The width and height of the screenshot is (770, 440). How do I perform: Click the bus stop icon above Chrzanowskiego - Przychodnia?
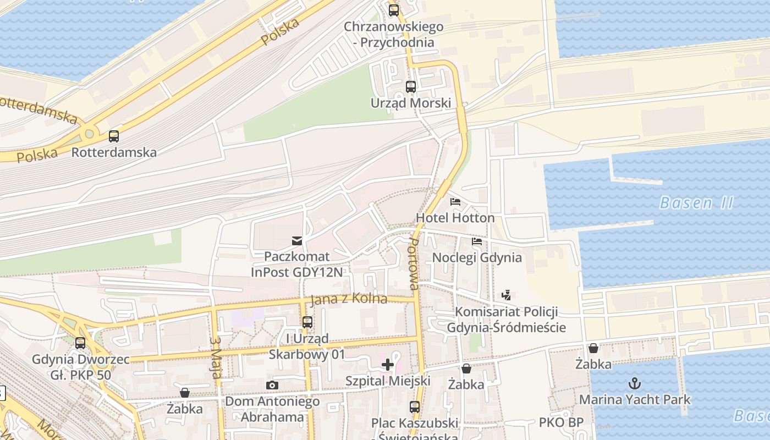pyautogui.click(x=394, y=10)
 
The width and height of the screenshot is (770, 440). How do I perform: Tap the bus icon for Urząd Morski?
pyautogui.click(x=411, y=86)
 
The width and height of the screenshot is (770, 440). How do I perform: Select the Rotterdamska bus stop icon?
pyautogui.click(x=114, y=136)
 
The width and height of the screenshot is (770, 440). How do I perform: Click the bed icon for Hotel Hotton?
pyautogui.click(x=455, y=202)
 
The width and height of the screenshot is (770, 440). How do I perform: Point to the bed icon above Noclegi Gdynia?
pyautogui.click(x=477, y=241)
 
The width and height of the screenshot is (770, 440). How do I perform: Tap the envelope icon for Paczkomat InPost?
pyautogui.click(x=297, y=240)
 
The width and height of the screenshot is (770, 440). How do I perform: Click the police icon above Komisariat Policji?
pyautogui.click(x=507, y=295)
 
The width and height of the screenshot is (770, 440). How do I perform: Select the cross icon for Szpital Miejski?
pyautogui.click(x=388, y=364)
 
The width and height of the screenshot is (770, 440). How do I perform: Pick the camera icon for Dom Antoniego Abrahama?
pyautogui.click(x=272, y=385)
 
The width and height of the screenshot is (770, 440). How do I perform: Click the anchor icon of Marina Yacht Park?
pyautogui.click(x=635, y=383)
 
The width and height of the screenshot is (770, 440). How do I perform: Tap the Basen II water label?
pyautogui.click(x=696, y=203)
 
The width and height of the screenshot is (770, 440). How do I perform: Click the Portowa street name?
pyautogui.click(x=414, y=264)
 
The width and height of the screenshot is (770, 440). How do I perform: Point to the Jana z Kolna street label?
pyautogui.click(x=349, y=299)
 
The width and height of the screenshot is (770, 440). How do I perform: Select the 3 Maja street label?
pyautogui.click(x=216, y=358)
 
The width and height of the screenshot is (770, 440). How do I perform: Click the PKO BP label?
pyautogui.click(x=561, y=423)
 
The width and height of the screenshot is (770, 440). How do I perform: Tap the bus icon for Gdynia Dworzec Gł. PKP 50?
pyautogui.click(x=80, y=343)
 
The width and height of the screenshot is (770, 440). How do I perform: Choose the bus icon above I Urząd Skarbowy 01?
pyautogui.click(x=307, y=322)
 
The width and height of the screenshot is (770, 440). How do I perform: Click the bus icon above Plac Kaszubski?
pyautogui.click(x=415, y=407)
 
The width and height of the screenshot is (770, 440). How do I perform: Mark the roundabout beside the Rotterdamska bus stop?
pyautogui.click(x=89, y=134)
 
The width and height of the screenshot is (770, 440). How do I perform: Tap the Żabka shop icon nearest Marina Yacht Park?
pyautogui.click(x=593, y=348)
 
